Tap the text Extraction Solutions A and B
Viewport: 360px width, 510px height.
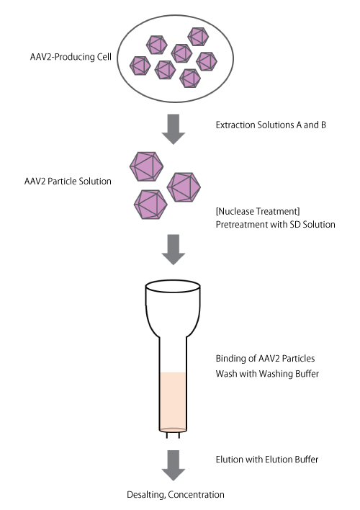[271, 125]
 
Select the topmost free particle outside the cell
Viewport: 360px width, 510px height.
[147, 165]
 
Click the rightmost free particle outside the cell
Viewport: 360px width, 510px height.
[185, 187]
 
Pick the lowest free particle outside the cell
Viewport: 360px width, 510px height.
[150, 204]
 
